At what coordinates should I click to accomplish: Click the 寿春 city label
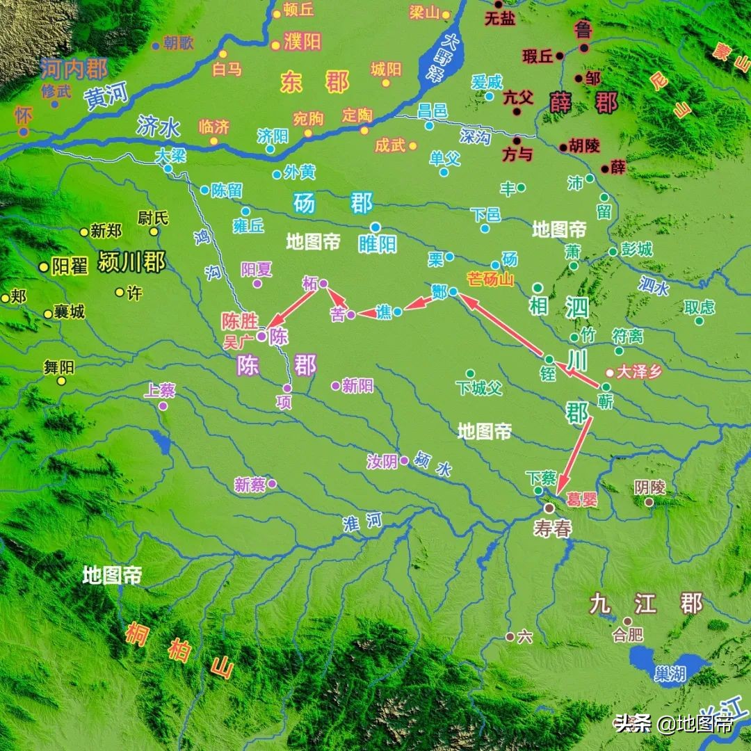(553, 528)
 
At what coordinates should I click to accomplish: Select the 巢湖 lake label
(670, 672)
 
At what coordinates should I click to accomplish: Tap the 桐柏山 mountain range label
(178, 650)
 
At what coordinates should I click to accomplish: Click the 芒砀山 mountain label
(490, 280)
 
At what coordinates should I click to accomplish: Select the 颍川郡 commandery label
(132, 263)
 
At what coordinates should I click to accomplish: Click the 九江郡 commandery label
(646, 603)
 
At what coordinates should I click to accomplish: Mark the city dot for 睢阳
(375, 227)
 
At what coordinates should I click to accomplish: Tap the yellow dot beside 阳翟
(44, 266)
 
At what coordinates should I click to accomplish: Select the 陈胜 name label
(239, 321)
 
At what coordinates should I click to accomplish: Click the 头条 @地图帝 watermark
(673, 724)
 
